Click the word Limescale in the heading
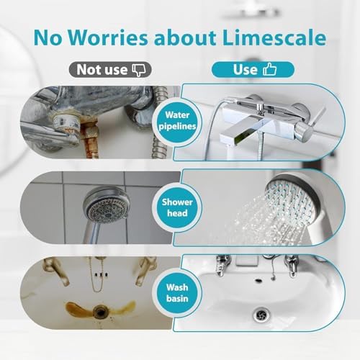274,37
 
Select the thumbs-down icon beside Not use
139,70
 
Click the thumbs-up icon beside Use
269,69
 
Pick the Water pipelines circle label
177,121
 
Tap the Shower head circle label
177,207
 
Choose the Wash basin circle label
177,293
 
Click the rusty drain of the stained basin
100,310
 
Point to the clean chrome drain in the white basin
261,315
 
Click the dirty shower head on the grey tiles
106,205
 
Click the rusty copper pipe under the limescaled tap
91,140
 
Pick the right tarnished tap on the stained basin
144,271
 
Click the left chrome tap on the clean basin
223,265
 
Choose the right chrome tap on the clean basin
291,266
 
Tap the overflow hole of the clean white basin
258,280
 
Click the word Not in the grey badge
88,70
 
